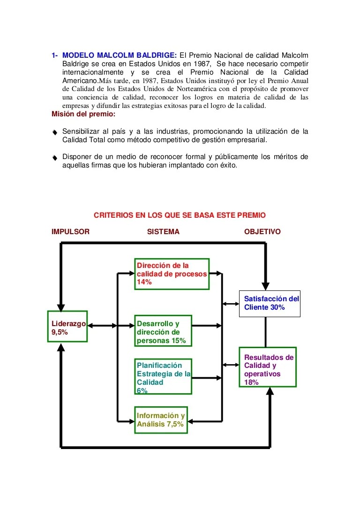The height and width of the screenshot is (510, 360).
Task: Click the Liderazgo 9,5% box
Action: click(67, 327)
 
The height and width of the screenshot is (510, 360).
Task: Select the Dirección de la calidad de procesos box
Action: click(172, 274)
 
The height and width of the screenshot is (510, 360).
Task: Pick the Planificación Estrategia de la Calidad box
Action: click(163, 376)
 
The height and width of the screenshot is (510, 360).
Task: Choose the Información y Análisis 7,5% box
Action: click(161, 419)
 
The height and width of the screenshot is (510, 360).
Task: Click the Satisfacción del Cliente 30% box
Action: click(270, 303)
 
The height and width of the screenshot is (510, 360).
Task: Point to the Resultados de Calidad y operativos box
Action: click(268, 367)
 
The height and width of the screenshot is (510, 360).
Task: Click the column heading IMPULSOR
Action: click(70, 232)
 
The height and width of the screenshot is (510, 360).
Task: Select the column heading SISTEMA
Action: click(163, 232)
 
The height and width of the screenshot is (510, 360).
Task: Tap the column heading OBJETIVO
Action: click(262, 232)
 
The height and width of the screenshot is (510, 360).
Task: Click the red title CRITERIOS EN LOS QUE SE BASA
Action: click(180, 215)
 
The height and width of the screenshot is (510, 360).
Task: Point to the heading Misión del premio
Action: click(83, 114)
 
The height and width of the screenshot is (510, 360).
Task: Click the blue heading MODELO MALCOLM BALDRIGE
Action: click(120, 55)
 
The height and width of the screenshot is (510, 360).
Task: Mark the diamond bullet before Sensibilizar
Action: click(55, 133)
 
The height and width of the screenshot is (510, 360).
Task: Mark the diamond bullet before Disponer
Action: click(55, 158)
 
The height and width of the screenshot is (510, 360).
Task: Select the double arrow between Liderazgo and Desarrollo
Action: click(102, 325)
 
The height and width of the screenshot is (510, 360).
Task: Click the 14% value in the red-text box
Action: click(144, 282)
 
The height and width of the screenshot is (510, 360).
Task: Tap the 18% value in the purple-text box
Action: click(251, 382)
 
